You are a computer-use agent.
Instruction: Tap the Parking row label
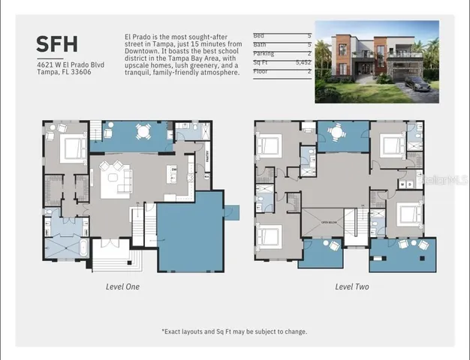(263, 54)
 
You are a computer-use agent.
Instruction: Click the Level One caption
(122, 286)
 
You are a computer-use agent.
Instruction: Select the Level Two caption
(351, 286)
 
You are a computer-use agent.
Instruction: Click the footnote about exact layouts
(234, 331)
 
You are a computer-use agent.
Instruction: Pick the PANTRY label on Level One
(207, 157)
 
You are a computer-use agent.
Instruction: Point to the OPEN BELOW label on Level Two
(329, 222)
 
